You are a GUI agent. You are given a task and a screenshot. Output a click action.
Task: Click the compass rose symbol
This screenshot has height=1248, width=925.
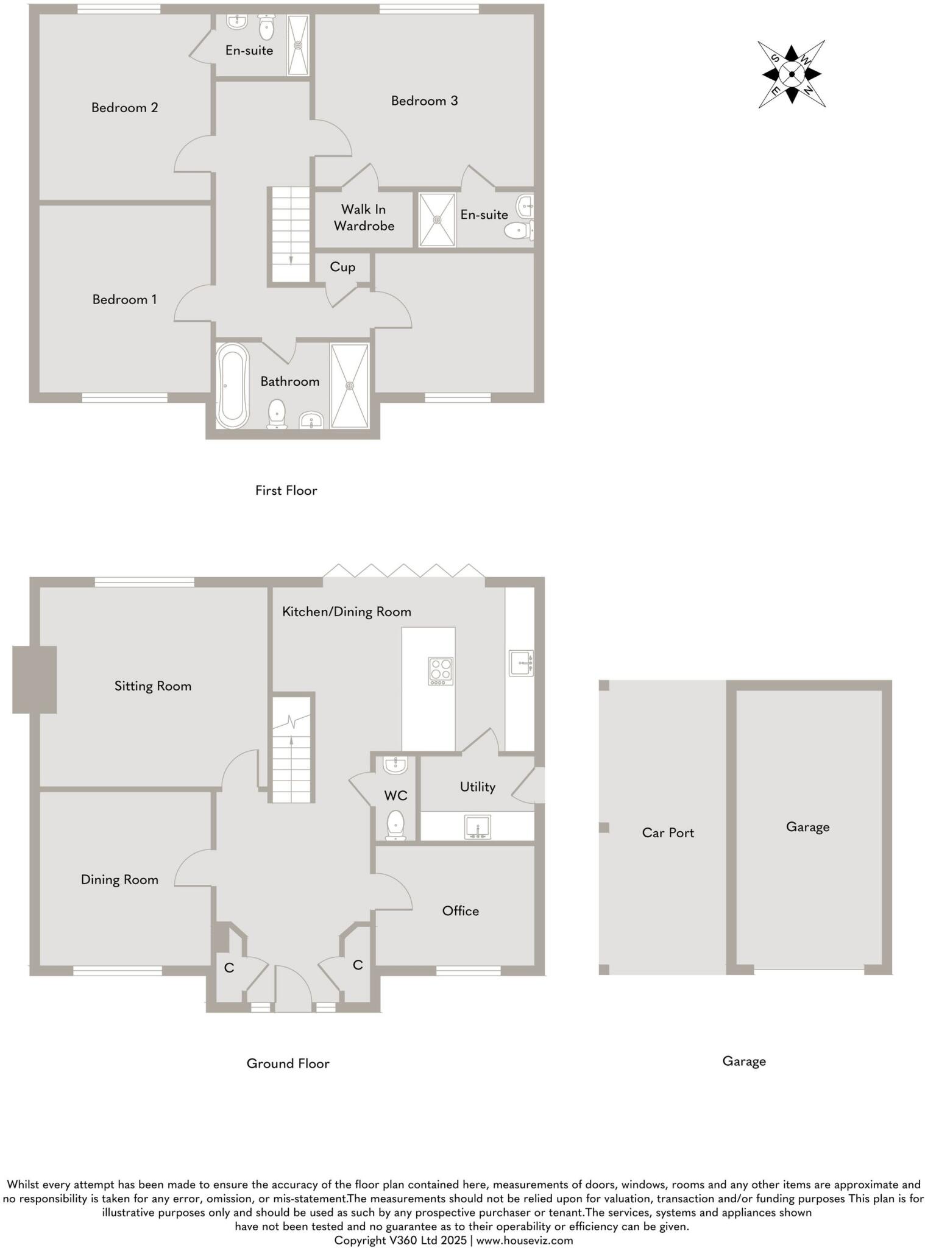pyautogui.click(x=791, y=74)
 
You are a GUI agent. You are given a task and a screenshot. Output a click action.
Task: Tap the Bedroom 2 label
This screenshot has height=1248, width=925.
pyautogui.click(x=124, y=108)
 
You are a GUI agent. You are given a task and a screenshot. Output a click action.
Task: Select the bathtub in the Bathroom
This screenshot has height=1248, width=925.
pyautogui.click(x=233, y=385)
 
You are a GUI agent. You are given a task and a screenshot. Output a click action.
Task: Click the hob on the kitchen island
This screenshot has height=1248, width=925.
pyautogui.click(x=441, y=670)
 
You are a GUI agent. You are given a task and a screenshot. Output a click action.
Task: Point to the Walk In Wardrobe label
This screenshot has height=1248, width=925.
pyautogui.click(x=364, y=218)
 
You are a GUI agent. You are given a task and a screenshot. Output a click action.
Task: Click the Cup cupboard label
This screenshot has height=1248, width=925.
pyautogui.click(x=342, y=267)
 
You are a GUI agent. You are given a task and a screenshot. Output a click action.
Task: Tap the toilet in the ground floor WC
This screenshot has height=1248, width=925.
pyautogui.click(x=395, y=825)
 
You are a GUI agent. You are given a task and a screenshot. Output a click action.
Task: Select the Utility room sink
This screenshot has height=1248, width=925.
pyautogui.click(x=478, y=828)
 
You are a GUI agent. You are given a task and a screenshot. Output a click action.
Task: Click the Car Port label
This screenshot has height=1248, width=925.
pyautogui.click(x=668, y=832)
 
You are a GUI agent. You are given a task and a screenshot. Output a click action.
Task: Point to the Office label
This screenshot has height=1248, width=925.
pyautogui.click(x=460, y=910)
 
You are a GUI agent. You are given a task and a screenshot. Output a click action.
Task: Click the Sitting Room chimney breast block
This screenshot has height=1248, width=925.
pyautogui.click(x=35, y=679)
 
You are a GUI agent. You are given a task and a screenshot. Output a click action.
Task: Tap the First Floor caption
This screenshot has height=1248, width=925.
pyautogui.click(x=286, y=491)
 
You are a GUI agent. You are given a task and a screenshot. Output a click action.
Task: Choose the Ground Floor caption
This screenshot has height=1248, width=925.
pyautogui.click(x=288, y=1063)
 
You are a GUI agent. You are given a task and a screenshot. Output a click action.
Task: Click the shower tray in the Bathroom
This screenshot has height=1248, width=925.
pyautogui.click(x=349, y=386)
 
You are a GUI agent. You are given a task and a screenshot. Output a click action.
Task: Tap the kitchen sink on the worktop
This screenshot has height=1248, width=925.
pyautogui.click(x=520, y=663)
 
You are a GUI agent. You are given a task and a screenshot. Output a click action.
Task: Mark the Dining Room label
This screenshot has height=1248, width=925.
pyautogui.click(x=119, y=879)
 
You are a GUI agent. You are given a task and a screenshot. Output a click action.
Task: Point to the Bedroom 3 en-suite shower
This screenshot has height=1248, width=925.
pyautogui.click(x=437, y=220)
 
